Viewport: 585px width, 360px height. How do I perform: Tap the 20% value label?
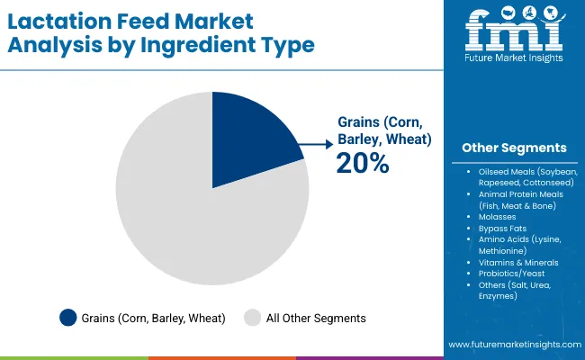363,163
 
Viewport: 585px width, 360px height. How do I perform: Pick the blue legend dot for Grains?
67,317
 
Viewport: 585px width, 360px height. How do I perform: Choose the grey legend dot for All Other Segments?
253,317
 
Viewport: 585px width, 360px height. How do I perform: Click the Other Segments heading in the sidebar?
514,148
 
